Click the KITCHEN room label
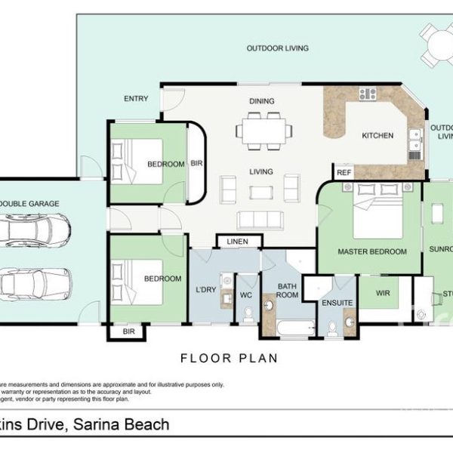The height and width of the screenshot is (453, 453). coord(377,136)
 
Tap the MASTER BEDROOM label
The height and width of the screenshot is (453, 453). coord(372,251)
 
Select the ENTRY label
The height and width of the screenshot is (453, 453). coord(137,99)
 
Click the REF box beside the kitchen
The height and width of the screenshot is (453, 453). coord(344,173)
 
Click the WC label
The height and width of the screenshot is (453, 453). coord(246,295)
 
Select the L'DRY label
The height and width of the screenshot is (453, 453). coord(205,291)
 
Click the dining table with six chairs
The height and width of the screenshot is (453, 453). coord(264,130)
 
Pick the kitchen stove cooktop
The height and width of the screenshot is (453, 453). coord(368,94)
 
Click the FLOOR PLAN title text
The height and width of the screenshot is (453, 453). coord(228,358)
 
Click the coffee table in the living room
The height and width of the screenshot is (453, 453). coord(261,192)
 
